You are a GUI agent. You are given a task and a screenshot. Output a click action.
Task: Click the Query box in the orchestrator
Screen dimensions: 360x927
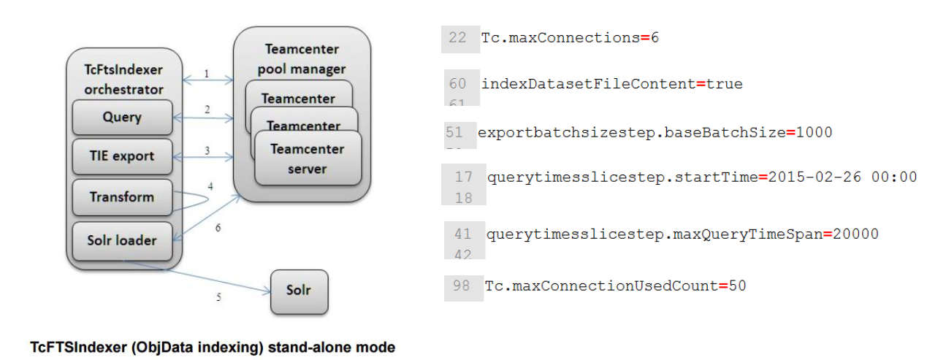[122, 117]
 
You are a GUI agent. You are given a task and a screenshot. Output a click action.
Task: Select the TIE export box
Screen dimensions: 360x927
[122, 156]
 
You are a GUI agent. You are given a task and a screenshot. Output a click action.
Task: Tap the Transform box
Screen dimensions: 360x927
[122, 196]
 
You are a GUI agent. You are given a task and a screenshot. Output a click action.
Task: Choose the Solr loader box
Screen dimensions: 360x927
[122, 240]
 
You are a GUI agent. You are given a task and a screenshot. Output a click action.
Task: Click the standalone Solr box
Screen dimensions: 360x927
[299, 290]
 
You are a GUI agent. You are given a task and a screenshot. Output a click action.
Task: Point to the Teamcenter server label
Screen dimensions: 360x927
[307, 158]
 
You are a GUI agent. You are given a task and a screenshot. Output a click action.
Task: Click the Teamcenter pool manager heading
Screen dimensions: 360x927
[302, 60]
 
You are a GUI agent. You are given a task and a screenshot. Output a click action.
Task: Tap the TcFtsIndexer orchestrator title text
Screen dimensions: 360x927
[123, 80]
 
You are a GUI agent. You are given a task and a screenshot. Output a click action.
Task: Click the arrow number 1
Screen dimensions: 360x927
[207, 73]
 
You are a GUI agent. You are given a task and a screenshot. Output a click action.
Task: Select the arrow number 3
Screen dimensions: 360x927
[207, 150]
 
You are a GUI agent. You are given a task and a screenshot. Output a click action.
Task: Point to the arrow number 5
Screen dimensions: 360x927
[218, 297]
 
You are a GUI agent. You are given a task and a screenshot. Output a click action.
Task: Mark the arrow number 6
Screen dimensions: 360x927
[218, 228]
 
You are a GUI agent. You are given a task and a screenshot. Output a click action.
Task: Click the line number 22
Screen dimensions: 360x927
[458, 38]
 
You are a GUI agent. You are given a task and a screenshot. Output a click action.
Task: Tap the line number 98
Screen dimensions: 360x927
[461, 286]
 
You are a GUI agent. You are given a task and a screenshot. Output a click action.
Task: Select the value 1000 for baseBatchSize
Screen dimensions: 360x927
[814, 133]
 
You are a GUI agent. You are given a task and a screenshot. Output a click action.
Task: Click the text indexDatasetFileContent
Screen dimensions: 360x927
[588, 84]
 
